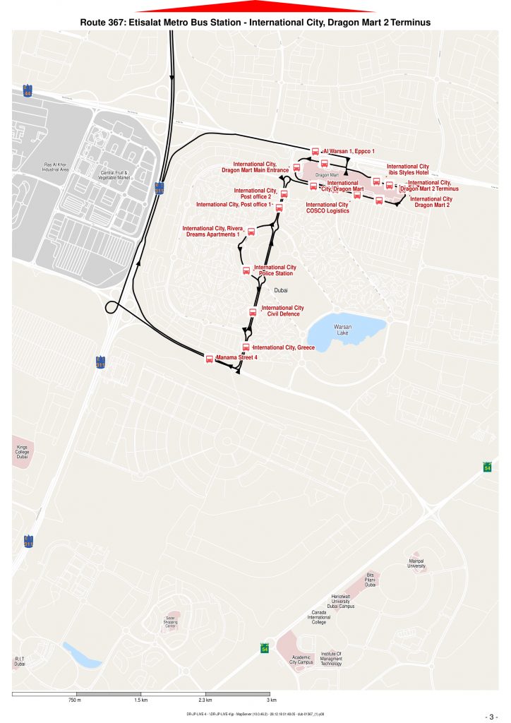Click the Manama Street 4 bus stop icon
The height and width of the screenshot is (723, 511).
[209, 359]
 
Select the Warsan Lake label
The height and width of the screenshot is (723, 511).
[342, 330]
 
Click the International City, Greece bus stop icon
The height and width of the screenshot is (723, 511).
[246, 347]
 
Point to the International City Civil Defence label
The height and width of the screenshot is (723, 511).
[282, 311]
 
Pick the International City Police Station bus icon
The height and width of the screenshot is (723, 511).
[246, 270]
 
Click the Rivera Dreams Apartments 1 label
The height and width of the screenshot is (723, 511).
[211, 231]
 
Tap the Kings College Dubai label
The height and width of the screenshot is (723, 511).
[22, 452]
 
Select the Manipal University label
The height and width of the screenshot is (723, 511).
[417, 563]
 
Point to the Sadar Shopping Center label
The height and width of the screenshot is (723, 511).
[170, 622]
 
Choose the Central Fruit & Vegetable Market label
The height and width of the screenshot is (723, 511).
[117, 174]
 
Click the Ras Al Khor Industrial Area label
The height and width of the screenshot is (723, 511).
[55, 167]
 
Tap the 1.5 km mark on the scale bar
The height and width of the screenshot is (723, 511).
[140, 700]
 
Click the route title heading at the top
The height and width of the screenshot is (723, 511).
[255, 23]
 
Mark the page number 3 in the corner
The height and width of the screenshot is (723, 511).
[493, 715]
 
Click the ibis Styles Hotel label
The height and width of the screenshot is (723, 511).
[408, 169]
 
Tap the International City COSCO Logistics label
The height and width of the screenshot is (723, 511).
[327, 208]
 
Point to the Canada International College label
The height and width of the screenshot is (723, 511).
[318, 617]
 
